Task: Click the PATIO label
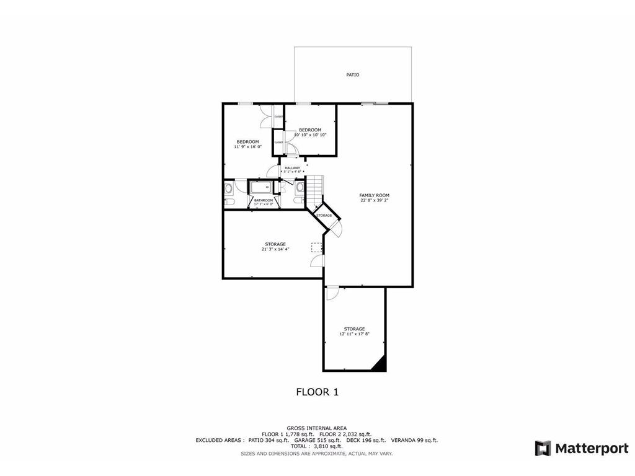point(352,75)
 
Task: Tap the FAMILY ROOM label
point(375,195)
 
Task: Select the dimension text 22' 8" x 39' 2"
point(375,200)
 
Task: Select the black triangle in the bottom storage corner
point(380,364)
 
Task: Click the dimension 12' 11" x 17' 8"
point(354,334)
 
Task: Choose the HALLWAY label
point(292,168)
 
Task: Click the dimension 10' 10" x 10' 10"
point(310,134)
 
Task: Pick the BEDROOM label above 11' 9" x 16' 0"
point(247,142)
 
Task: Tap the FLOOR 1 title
point(317,392)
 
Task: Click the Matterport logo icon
point(543,448)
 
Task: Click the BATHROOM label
point(264,200)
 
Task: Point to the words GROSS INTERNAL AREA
point(316,428)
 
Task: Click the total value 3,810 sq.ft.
point(327,446)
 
